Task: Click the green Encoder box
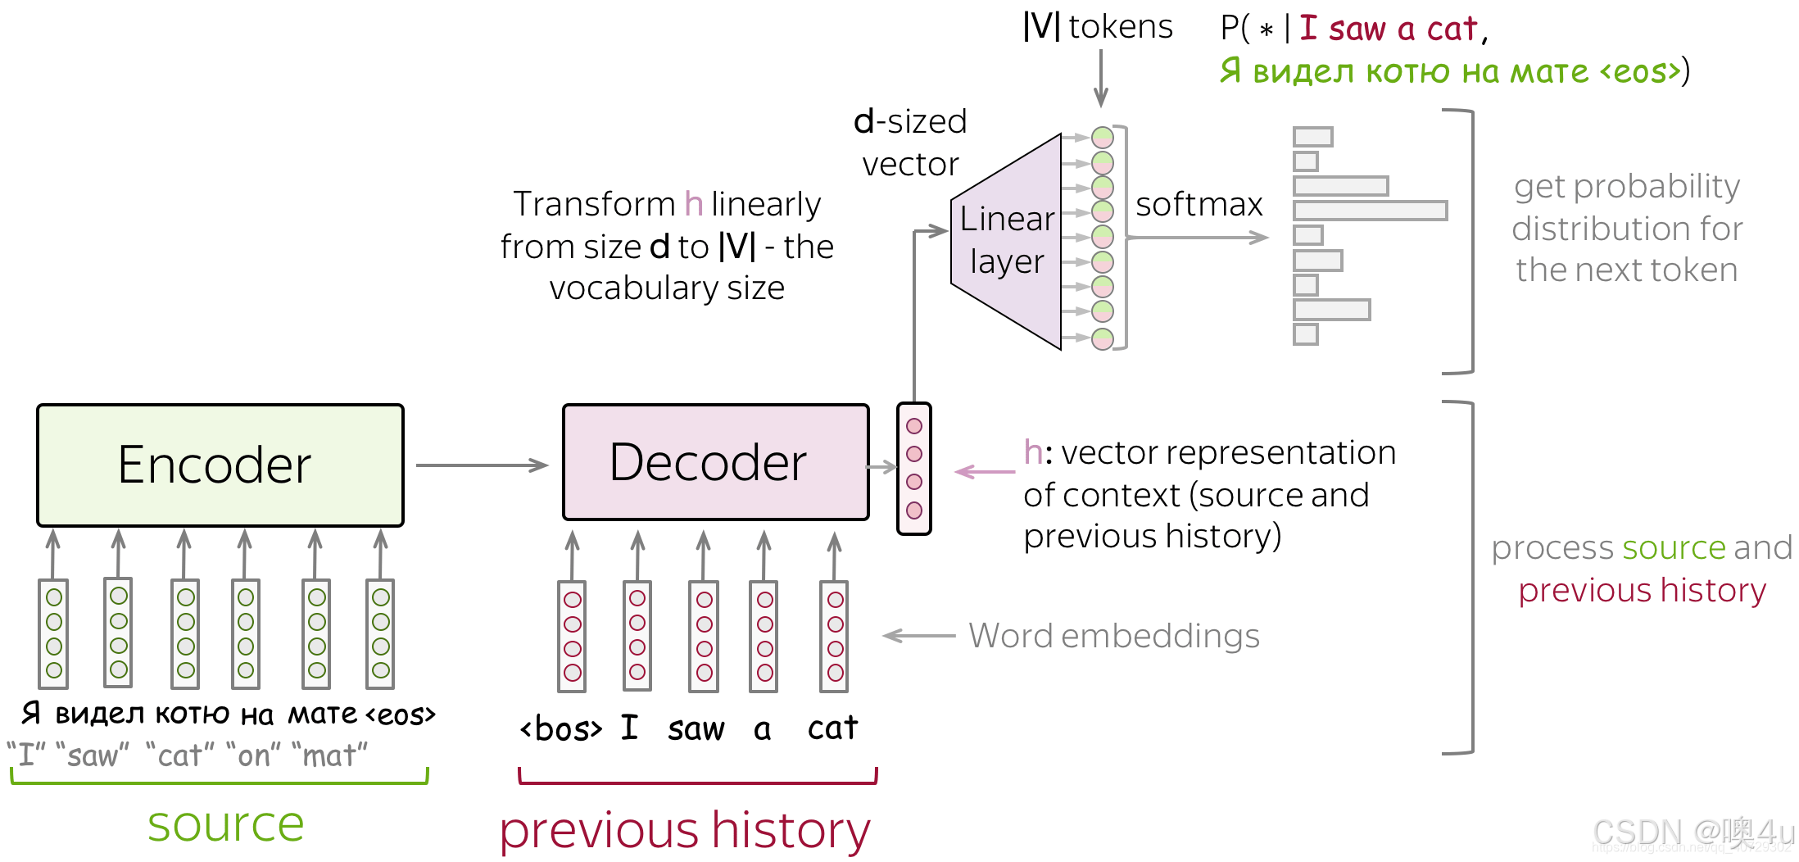tap(220, 465)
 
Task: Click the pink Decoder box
tap(715, 462)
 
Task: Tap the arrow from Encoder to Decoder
tap(482, 465)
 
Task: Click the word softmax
tap(1199, 204)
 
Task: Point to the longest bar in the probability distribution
tap(1370, 211)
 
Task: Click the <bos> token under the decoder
tap(561, 728)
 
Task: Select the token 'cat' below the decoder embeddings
tap(832, 728)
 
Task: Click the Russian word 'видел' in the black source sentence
tap(99, 715)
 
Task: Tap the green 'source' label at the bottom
tap(225, 824)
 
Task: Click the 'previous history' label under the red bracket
tap(685, 830)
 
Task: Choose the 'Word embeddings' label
tap(1113, 636)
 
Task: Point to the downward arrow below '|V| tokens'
tap(1101, 78)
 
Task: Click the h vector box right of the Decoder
tap(914, 469)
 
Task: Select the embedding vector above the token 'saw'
tap(704, 637)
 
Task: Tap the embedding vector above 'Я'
tap(54, 634)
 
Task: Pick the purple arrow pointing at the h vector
tap(986, 471)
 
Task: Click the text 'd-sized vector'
tap(910, 143)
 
